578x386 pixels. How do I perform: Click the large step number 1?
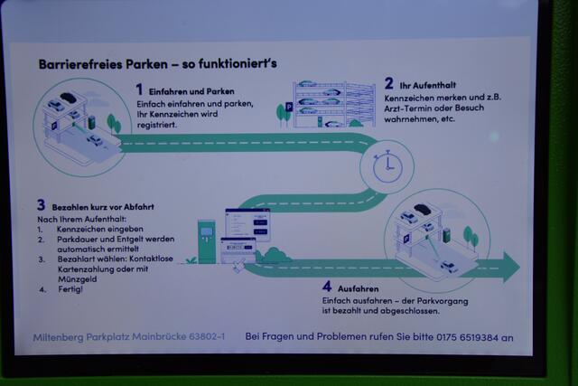tap(140, 89)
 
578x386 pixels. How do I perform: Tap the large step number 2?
tap(388, 83)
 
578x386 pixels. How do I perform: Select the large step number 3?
tap(41, 205)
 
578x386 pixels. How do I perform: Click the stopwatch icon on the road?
tap(387, 165)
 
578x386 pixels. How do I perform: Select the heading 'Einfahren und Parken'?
tap(192, 91)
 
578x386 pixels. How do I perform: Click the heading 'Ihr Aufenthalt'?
tap(433, 86)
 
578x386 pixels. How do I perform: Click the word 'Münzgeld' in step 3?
tap(76, 278)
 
